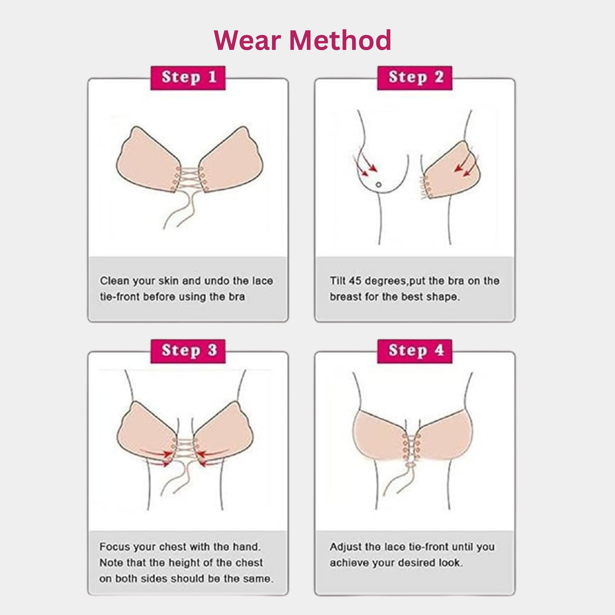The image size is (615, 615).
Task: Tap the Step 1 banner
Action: (x=188, y=78)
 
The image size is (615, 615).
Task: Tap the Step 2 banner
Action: (x=415, y=78)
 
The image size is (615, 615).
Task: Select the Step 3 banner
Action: (x=188, y=351)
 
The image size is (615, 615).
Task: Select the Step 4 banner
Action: (x=415, y=351)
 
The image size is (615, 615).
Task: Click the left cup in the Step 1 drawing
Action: (x=145, y=162)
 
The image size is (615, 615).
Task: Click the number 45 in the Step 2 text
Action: (x=355, y=281)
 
